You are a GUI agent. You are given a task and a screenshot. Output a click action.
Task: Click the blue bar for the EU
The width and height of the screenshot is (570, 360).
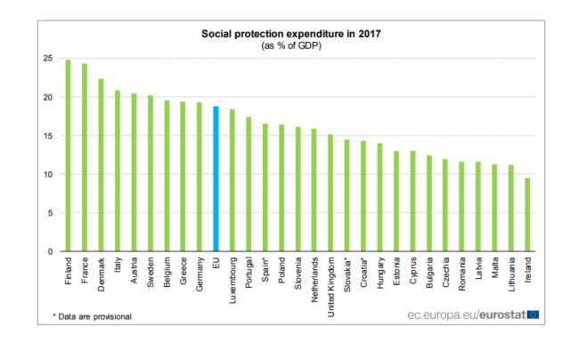click(216, 179)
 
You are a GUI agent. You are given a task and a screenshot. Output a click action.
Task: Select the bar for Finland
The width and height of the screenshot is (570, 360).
click(68, 156)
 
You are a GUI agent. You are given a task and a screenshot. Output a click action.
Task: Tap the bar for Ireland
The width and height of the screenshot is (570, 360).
click(527, 215)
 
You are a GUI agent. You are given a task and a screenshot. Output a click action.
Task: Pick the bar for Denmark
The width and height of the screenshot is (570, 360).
click(101, 165)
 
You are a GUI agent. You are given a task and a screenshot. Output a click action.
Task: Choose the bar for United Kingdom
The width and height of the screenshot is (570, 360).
click(330, 193)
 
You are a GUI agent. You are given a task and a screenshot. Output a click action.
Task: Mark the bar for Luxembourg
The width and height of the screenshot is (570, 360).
click(232, 181)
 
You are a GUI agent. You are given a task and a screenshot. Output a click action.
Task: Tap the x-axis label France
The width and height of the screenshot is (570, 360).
click(85, 269)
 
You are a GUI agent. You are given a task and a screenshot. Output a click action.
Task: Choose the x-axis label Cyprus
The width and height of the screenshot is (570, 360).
click(412, 269)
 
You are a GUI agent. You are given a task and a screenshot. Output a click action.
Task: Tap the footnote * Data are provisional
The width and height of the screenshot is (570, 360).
click(92, 316)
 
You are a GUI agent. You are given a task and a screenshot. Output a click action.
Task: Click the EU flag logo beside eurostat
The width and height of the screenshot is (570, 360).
click(533, 314)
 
